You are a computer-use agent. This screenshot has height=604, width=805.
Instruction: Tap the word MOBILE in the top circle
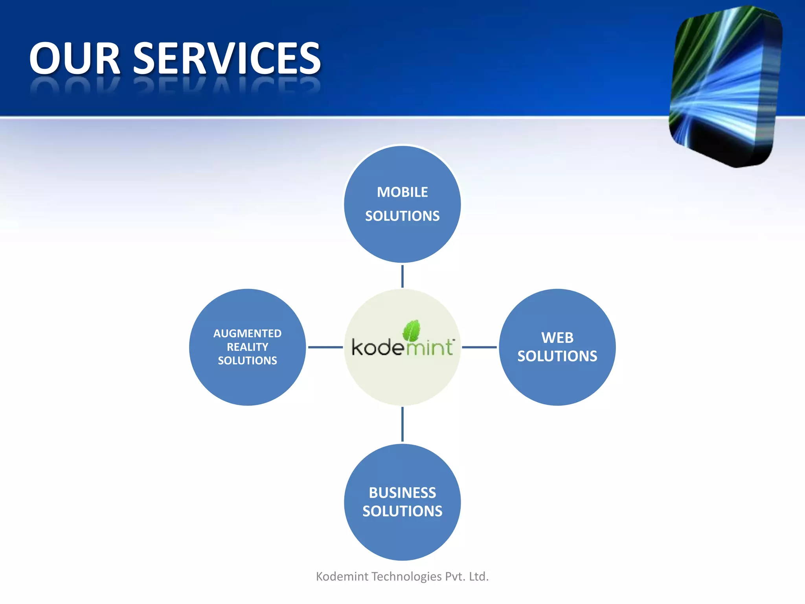coord(402,192)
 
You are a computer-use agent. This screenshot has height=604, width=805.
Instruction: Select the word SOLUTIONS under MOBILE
coord(402,216)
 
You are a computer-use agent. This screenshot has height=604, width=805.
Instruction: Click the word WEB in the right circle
coord(557,338)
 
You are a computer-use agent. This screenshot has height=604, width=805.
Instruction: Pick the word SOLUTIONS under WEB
coord(557,356)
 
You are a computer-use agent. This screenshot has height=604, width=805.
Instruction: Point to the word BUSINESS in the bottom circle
coord(402,493)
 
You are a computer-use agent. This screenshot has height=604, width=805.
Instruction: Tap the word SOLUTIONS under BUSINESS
coord(402,511)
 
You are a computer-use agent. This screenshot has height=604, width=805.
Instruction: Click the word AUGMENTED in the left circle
coord(247,333)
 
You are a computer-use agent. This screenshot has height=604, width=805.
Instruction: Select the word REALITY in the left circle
coord(247,347)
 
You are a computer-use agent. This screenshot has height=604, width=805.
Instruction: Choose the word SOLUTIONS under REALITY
coord(247,361)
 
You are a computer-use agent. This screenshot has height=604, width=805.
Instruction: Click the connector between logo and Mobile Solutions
coord(402,276)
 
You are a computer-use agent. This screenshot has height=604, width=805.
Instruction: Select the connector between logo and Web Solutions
coord(479,347)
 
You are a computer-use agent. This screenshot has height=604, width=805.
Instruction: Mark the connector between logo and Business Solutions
coord(402,424)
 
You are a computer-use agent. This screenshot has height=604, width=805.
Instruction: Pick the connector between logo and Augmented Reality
coord(325,347)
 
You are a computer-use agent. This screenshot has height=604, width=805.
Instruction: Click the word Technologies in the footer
coord(406,576)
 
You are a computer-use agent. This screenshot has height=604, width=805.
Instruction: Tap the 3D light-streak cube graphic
coord(725,87)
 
